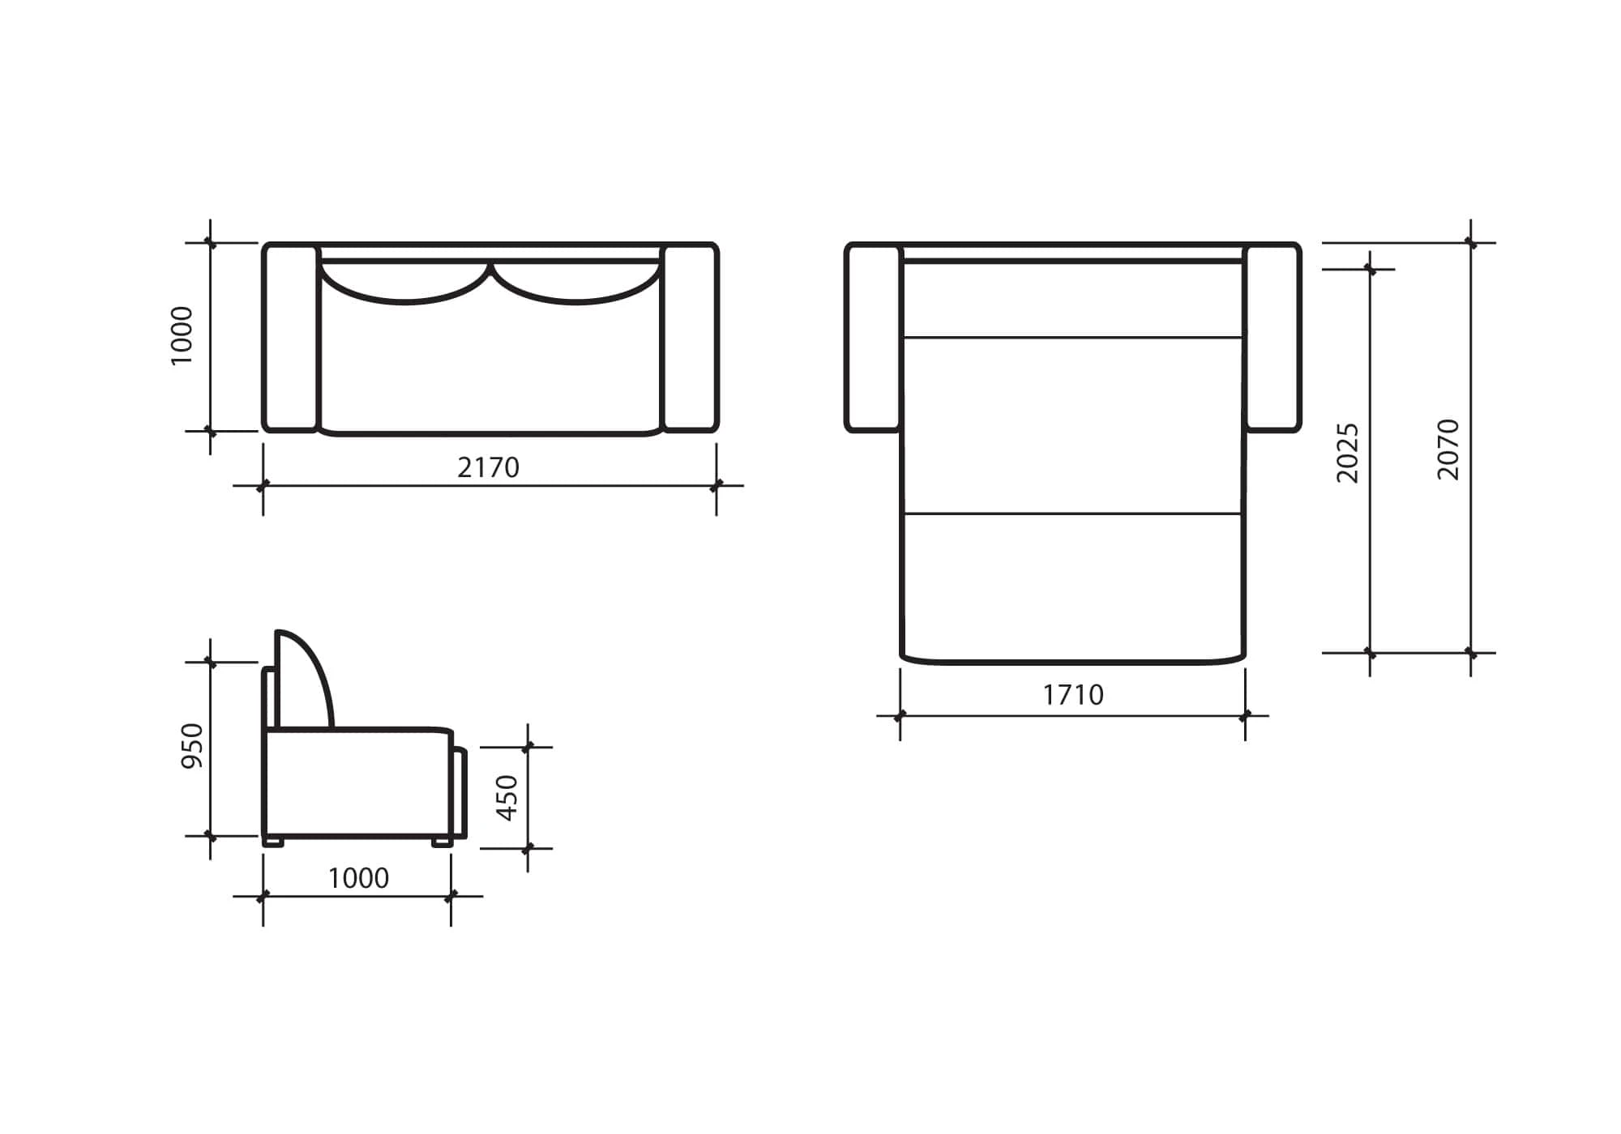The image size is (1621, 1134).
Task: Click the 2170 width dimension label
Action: [488, 467]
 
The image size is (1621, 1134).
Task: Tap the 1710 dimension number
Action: [1073, 695]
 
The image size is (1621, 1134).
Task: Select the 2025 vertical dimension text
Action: [1347, 453]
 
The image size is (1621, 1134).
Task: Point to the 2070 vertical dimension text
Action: [1448, 450]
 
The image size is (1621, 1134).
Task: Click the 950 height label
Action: [192, 746]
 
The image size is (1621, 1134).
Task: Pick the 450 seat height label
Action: [507, 798]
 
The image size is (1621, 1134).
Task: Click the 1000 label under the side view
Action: [358, 878]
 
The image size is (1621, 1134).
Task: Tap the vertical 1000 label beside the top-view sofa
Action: [182, 336]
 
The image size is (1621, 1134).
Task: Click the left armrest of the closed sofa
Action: [290, 337]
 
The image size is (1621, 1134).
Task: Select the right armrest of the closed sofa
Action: [691, 337]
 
